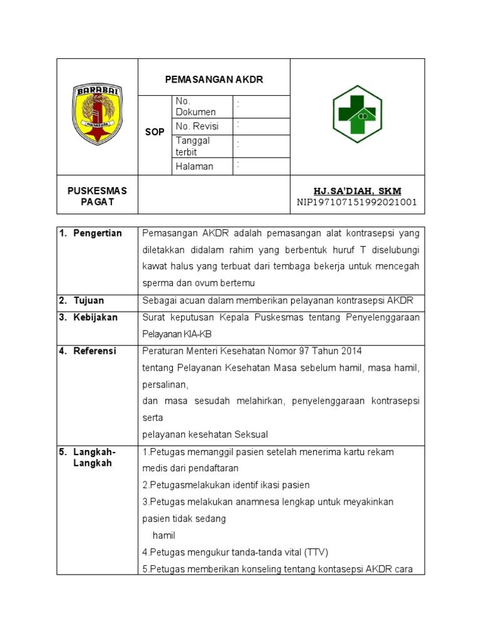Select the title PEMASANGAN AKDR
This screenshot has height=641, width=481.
214,79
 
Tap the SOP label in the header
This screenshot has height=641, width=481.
155,133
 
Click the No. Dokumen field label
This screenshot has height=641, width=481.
195,106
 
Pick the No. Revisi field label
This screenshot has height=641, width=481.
196,126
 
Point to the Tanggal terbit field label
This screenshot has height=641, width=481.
193,146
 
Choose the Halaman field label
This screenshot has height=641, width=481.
194,166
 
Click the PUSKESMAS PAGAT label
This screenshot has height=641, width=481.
97,196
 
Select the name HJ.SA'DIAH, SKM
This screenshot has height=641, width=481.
357,190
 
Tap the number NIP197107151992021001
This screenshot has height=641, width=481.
357,202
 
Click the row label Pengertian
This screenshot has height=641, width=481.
97,233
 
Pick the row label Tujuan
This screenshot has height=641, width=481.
89,300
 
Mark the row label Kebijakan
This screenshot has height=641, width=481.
95,317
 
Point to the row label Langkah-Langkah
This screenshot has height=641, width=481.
95,458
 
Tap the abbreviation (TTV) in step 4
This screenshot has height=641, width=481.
316,552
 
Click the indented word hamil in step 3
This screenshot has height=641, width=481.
164,535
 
